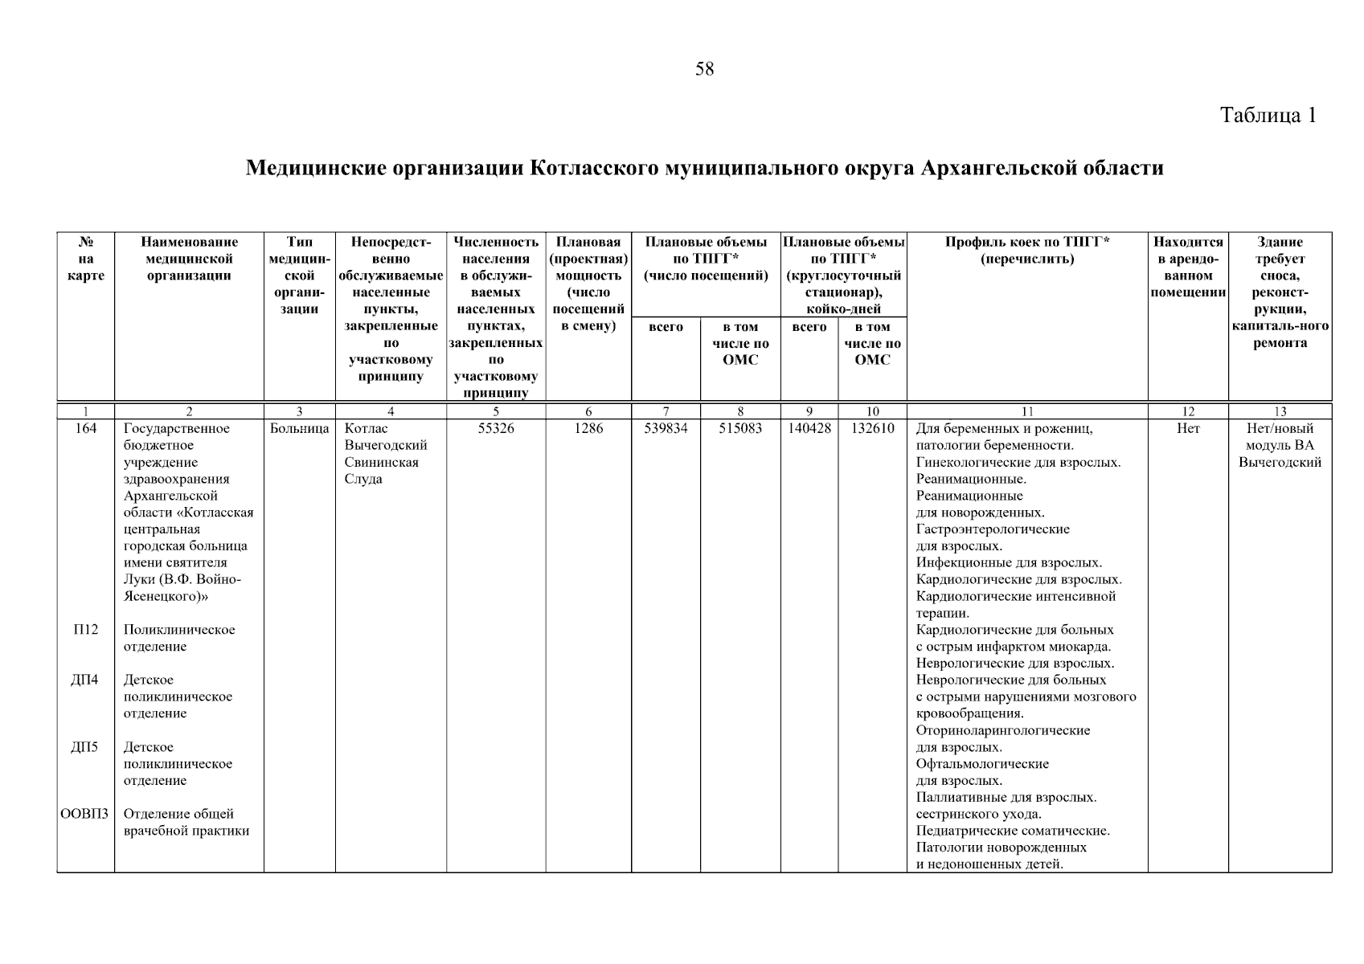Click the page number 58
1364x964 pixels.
(704, 69)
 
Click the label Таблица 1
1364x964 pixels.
(1268, 115)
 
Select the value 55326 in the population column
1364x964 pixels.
(496, 429)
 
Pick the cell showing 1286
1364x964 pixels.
(588, 429)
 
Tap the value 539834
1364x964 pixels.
(666, 429)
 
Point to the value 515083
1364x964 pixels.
(740, 429)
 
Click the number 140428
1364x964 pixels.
(809, 429)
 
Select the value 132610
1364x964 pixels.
(872, 429)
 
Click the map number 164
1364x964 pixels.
(85, 429)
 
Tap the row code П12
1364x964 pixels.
(85, 630)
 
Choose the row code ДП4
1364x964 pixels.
(84, 680)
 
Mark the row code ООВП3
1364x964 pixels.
(84, 815)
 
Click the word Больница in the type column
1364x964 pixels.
(300, 429)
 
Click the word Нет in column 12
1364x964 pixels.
(1187, 429)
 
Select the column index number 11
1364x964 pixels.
(1026, 412)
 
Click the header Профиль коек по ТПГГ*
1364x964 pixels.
(1026, 242)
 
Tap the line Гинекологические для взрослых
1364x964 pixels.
(1018, 463)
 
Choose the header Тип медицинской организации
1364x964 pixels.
(300, 275)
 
